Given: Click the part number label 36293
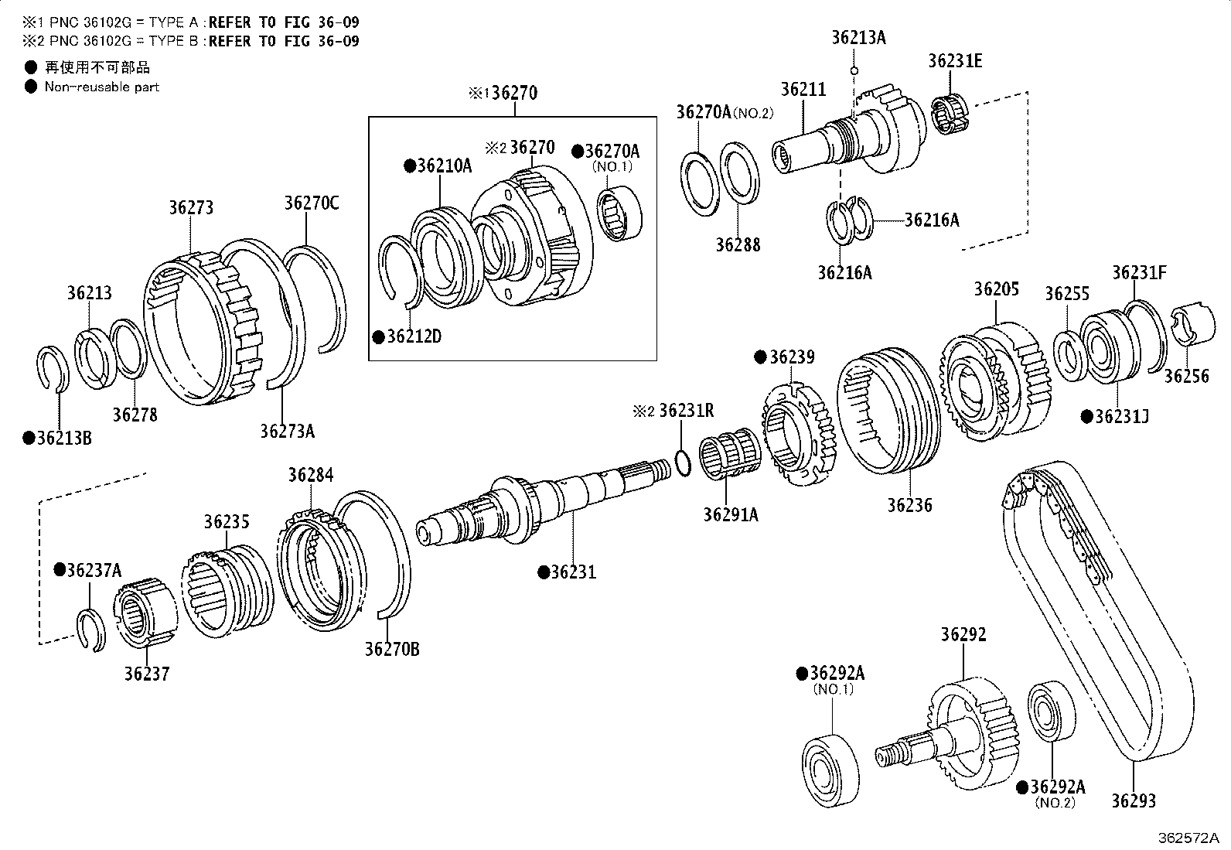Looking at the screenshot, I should point(1134,801).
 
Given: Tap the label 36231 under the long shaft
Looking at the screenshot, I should point(573,572).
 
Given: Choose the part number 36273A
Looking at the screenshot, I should point(287,431).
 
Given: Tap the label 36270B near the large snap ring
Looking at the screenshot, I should point(392,650).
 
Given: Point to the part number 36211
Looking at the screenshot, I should point(803,89).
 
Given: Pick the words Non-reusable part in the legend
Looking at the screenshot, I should point(101,87).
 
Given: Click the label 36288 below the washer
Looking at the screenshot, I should point(738,245).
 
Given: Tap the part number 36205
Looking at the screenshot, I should point(996,289).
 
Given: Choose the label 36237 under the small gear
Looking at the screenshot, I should point(146,674).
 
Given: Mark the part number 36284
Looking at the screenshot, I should point(311,475).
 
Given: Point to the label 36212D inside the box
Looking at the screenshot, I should point(414,337).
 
